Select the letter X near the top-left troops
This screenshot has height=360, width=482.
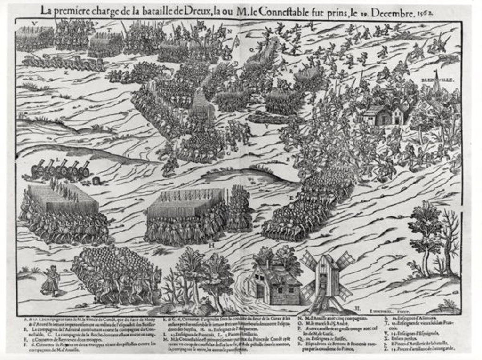[126, 66]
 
